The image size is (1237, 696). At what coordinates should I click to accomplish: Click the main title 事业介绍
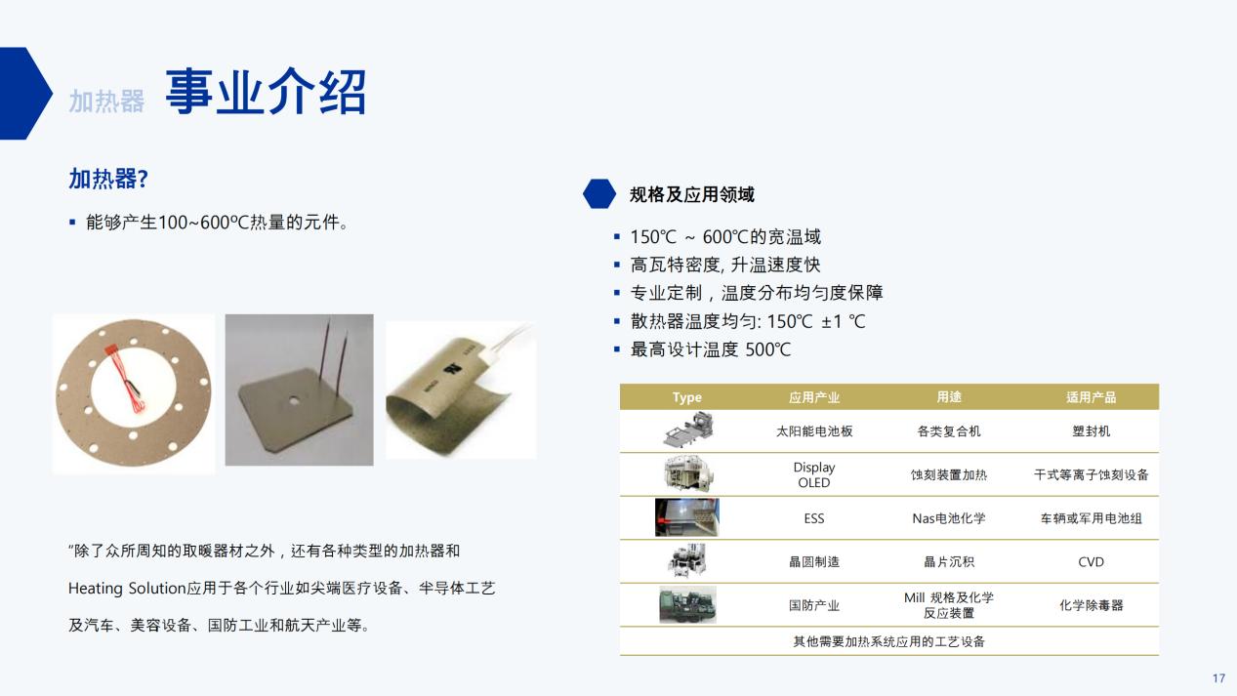(x=266, y=92)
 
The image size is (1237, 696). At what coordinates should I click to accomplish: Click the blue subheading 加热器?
(x=108, y=179)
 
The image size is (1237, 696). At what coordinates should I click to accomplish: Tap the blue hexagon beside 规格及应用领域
(x=599, y=193)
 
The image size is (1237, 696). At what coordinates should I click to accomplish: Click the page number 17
(x=1218, y=678)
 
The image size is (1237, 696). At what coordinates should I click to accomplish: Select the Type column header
(x=687, y=397)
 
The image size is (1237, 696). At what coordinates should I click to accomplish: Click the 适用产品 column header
(x=1091, y=397)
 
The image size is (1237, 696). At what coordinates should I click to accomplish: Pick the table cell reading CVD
(x=1091, y=562)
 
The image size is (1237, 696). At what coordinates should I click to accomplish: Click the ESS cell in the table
(x=814, y=518)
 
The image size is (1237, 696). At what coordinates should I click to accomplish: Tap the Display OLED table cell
(x=814, y=474)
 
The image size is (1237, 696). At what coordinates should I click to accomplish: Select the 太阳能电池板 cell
(x=814, y=431)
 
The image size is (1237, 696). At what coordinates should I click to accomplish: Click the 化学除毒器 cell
(x=1091, y=605)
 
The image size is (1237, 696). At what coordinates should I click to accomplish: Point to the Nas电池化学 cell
(x=949, y=518)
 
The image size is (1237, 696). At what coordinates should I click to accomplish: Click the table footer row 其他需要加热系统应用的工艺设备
(x=889, y=641)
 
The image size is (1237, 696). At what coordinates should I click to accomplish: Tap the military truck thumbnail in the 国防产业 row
(x=687, y=605)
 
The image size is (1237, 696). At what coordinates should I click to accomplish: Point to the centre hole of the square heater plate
(x=294, y=400)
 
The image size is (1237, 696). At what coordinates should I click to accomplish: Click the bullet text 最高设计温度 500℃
(x=710, y=349)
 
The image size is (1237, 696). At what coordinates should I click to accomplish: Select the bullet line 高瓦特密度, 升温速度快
(x=725, y=265)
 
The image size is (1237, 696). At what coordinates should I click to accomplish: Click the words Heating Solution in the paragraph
(x=127, y=589)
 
